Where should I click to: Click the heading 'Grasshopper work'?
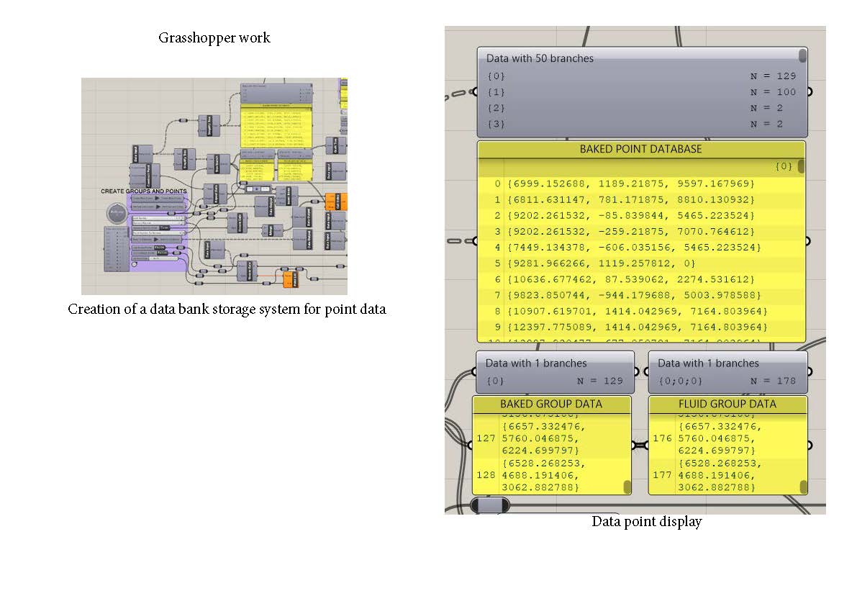point(214,38)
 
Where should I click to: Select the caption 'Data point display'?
point(646,522)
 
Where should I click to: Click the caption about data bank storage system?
point(227,309)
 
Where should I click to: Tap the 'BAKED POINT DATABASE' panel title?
point(640,150)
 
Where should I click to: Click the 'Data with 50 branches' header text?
point(540,58)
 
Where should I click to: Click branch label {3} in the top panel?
point(496,124)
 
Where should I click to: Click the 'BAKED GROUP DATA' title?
point(551,404)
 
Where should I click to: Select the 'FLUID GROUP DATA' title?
point(727,404)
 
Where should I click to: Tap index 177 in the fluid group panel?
point(662,476)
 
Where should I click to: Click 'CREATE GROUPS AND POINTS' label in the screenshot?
point(144,191)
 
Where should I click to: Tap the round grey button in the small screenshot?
point(116,213)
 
